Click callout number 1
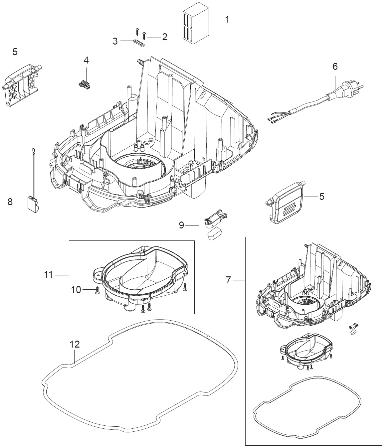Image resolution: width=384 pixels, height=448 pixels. pyautogui.click(x=227, y=20)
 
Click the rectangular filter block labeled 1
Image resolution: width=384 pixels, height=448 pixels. pyautogui.click(x=195, y=25)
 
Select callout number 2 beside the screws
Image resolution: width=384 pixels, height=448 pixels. pyautogui.click(x=164, y=37)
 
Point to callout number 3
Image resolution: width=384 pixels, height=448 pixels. pyautogui.click(x=115, y=41)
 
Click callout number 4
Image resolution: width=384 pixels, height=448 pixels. pyautogui.click(x=86, y=60)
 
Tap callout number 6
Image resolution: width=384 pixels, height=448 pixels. pyautogui.click(x=335, y=67)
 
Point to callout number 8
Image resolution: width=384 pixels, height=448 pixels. pyautogui.click(x=10, y=202)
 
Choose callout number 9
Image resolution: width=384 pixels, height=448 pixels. pyautogui.click(x=181, y=225)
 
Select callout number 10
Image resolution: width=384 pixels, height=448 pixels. pyautogui.click(x=76, y=290)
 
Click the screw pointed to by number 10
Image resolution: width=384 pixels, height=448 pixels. pyautogui.click(x=97, y=290)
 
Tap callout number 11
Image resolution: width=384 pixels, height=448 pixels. pyautogui.click(x=49, y=275)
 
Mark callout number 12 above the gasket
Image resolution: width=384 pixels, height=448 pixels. pyautogui.click(x=75, y=344)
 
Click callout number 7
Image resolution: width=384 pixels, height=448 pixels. pyautogui.click(x=228, y=280)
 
